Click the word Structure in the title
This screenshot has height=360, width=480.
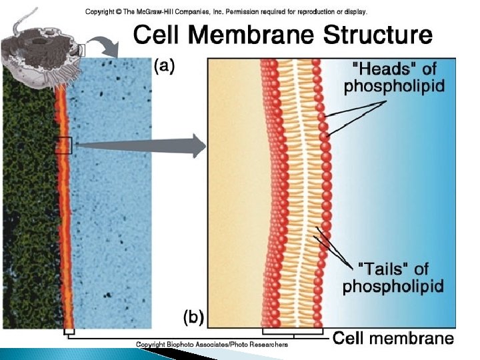pyautogui.click(x=377, y=35)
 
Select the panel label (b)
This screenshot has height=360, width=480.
pyautogui.click(x=194, y=315)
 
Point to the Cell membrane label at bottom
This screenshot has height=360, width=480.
pyautogui.click(x=393, y=339)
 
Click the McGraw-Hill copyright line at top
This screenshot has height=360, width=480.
pyautogui.click(x=227, y=11)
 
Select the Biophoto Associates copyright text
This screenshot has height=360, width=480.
pyautogui.click(x=212, y=345)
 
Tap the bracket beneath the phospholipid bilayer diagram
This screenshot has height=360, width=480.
pyautogui.click(x=293, y=331)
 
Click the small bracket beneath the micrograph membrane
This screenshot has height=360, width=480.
pyautogui.click(x=68, y=331)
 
